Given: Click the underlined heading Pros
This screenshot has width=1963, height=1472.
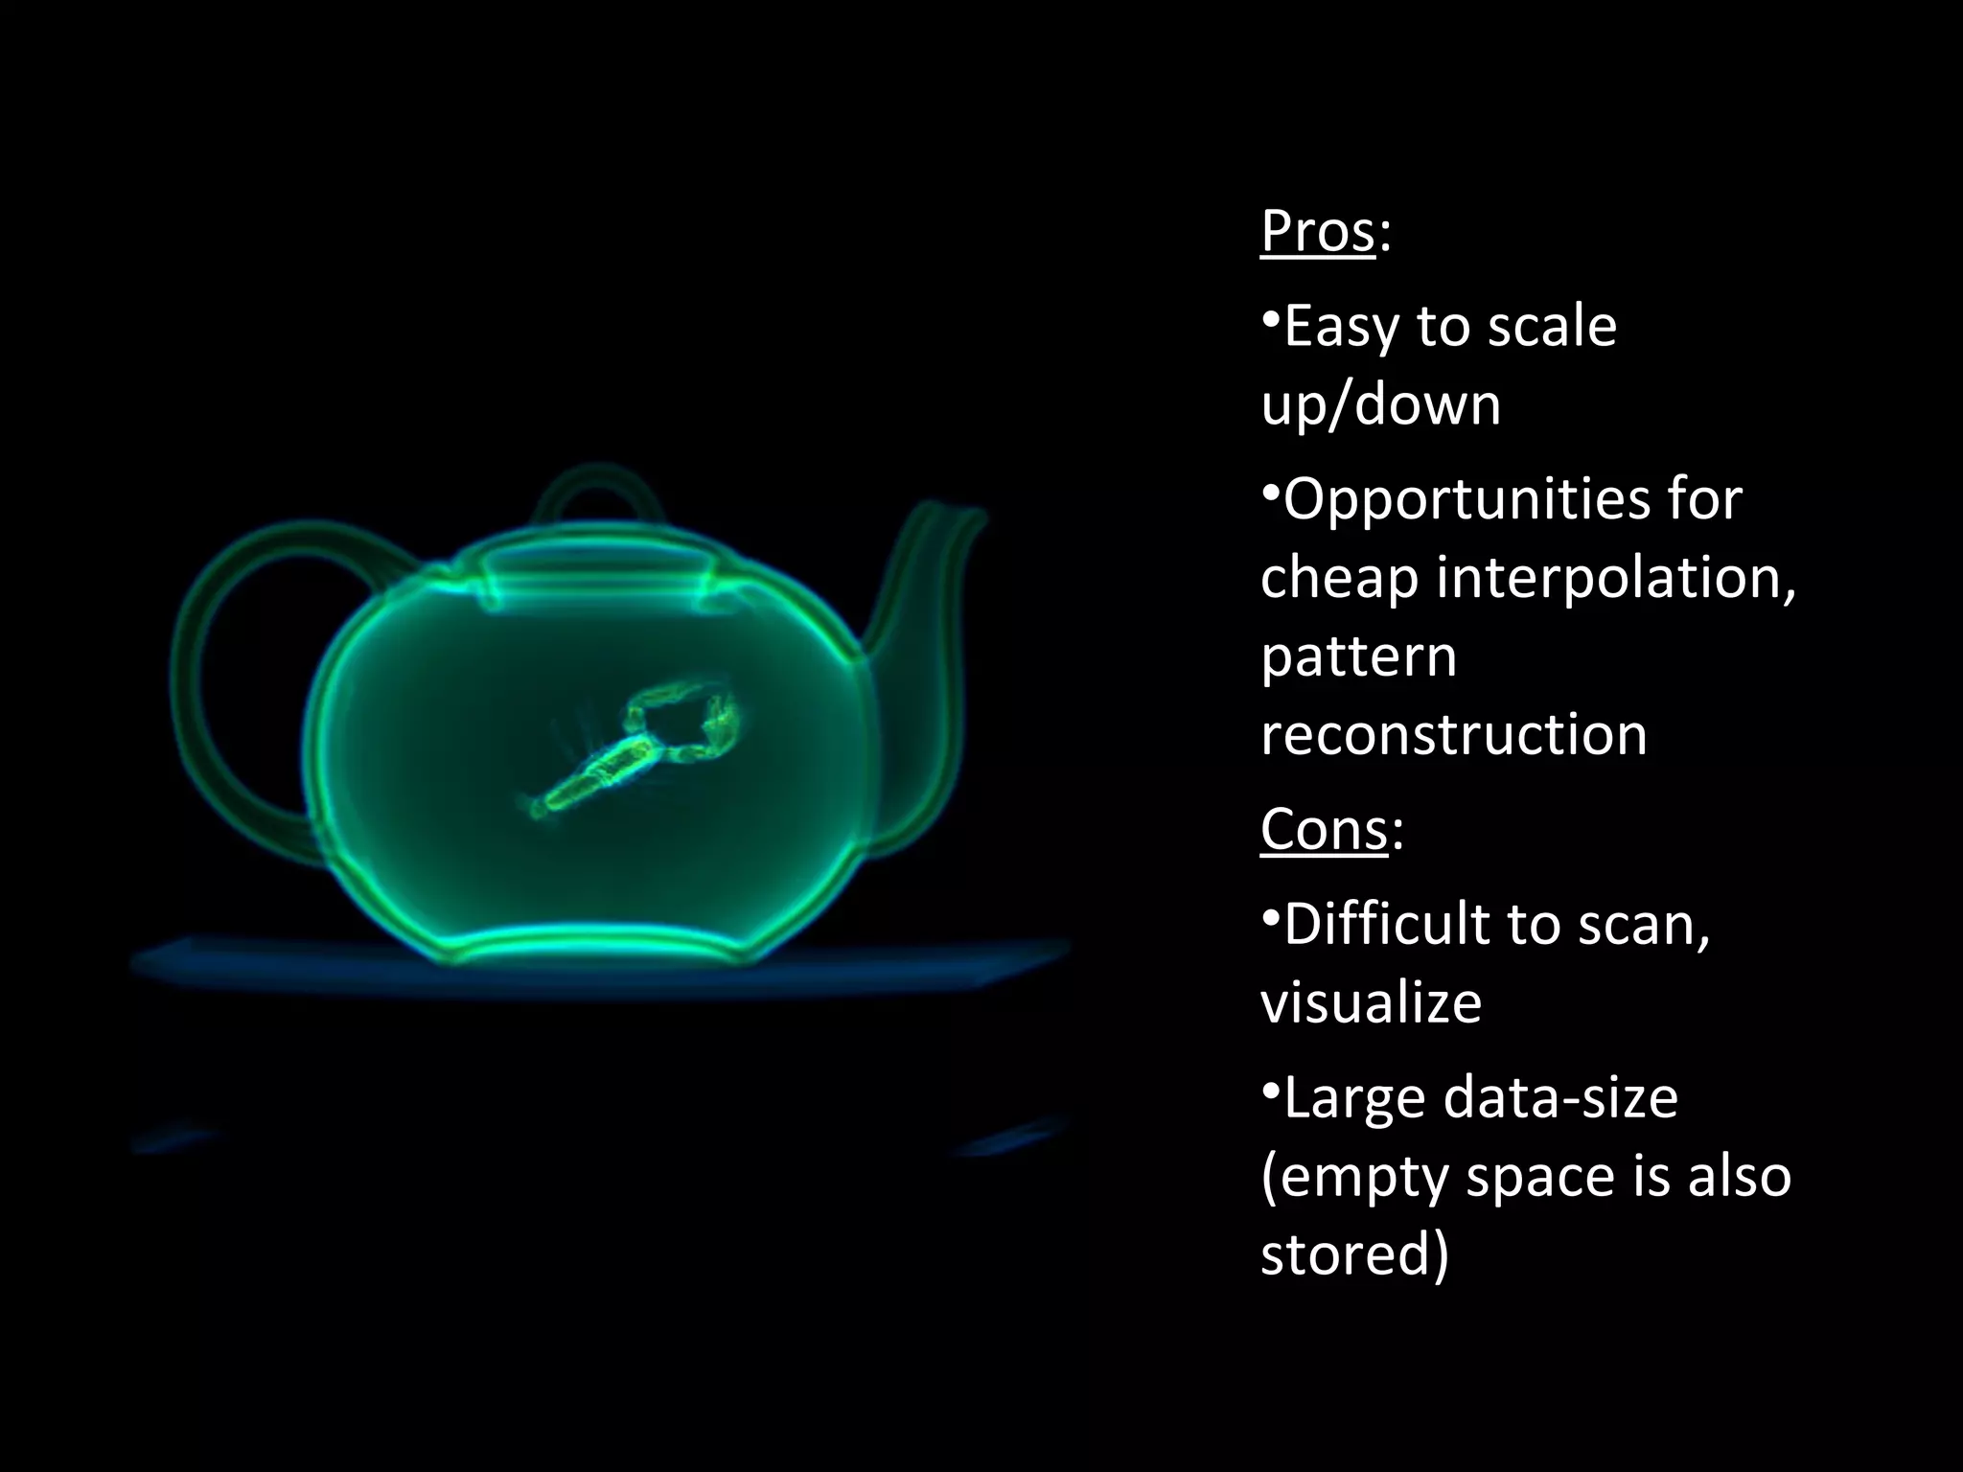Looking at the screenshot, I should pyautogui.click(x=1318, y=232).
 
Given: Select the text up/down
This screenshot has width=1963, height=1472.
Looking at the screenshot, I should pyautogui.click(x=1380, y=404).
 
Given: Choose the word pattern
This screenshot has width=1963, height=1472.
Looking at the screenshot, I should pyautogui.click(x=1358, y=657).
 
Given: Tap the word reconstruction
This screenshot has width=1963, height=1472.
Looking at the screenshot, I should pyautogui.click(x=1453, y=735).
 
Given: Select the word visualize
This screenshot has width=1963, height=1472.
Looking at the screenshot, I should pyautogui.click(x=1371, y=1002).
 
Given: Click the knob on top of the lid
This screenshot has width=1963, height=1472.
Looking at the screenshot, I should pyautogui.click(x=598, y=489).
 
